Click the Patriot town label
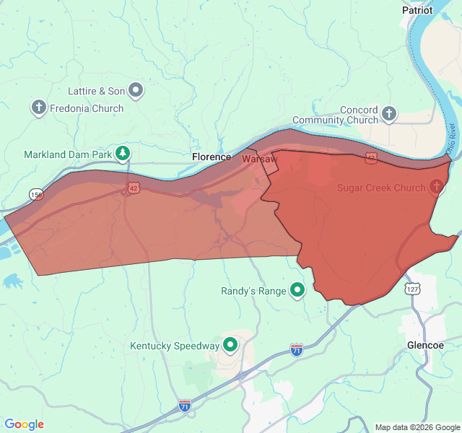(417, 10)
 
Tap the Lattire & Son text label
(96, 91)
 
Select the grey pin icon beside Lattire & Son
(136, 90)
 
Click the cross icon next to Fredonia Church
(38, 108)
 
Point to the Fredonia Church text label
(87, 108)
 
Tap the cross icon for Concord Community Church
(389, 113)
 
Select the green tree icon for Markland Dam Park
(124, 153)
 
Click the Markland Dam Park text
(68, 154)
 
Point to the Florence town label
(212, 157)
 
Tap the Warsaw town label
(259, 158)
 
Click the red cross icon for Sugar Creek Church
(436, 188)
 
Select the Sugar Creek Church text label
(381, 188)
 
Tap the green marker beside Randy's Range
(297, 291)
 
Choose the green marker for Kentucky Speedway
(230, 345)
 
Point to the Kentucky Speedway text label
(174, 346)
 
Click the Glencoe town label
(425, 345)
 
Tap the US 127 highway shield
(411, 289)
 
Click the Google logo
(24, 424)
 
